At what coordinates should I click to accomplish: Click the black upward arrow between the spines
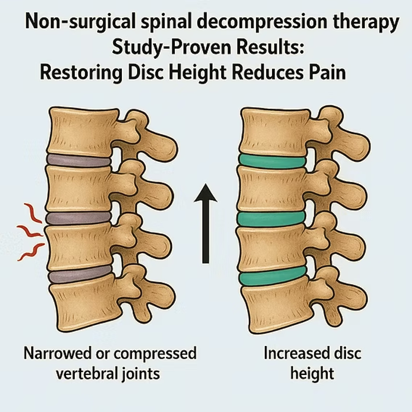[x=205, y=223]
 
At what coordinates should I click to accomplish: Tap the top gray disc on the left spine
[x=78, y=160]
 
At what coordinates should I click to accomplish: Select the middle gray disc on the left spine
[x=78, y=218]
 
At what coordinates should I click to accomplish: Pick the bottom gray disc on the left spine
[x=81, y=274]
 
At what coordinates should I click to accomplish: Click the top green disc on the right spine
[x=272, y=161]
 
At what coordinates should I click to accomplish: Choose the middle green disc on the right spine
[x=271, y=219]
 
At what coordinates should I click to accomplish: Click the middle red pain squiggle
[x=29, y=231]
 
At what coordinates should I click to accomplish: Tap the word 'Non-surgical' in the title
[x=80, y=22]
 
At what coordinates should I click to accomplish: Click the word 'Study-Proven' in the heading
[x=171, y=48]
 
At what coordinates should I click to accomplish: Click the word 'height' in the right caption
[x=312, y=374]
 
